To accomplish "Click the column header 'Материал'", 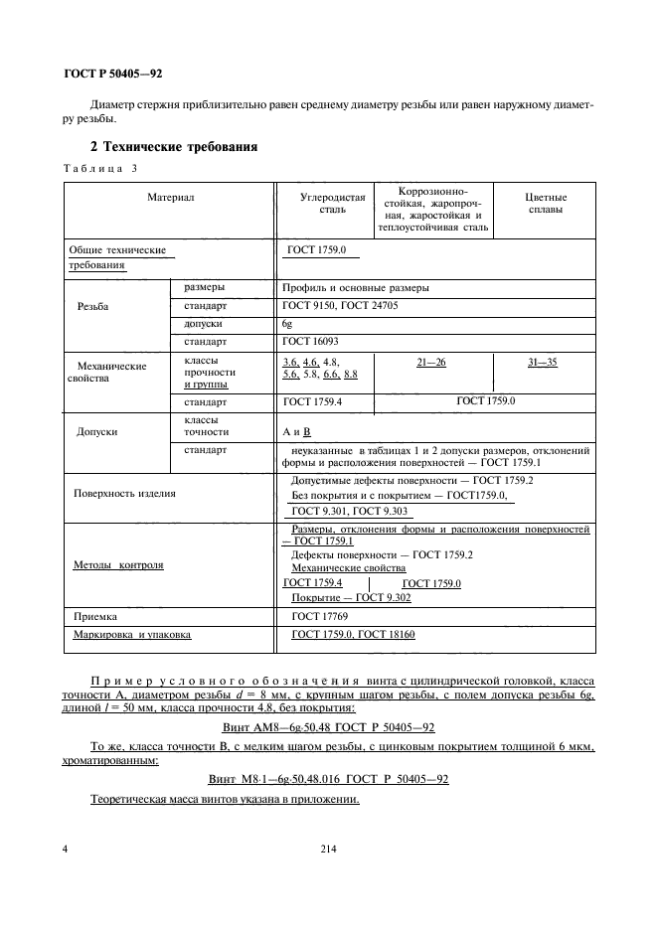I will (170, 198).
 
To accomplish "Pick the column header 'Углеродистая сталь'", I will (325, 204).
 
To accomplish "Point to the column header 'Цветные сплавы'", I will (544, 204).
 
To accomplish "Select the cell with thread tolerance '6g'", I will (288, 324).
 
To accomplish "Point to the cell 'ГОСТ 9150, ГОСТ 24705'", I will (340, 306).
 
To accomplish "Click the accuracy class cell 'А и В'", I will (297, 432).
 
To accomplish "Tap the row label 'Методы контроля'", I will (118, 564).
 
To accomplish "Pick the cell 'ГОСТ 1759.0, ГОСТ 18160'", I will (351, 634).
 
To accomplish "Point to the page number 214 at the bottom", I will (330, 848).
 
